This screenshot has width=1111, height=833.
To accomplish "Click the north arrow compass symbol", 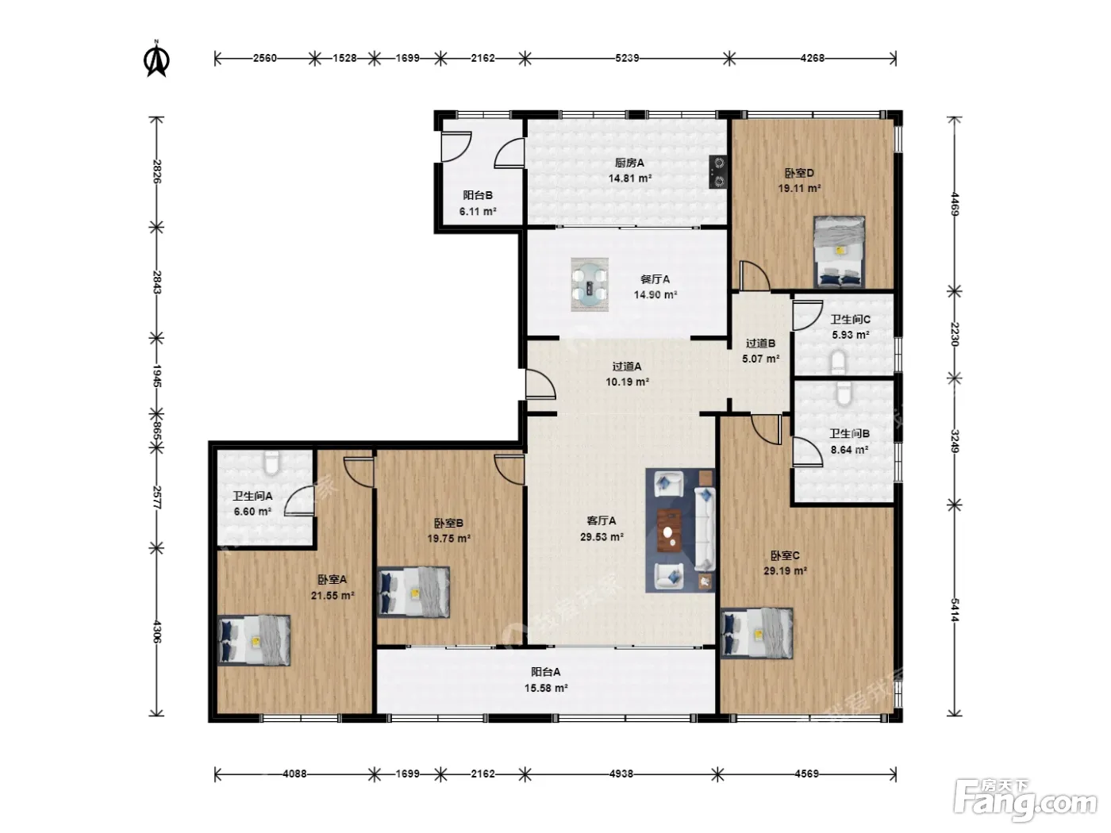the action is pos(156,59).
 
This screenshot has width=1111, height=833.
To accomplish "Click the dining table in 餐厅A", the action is pos(590,284).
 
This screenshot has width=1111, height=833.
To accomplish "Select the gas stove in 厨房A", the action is pos(718,171).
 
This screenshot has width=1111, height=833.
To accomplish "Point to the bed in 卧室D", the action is pos(839,251).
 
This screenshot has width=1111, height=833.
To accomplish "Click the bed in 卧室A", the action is pos(254,639).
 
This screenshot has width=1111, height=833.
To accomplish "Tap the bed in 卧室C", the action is pos(757,633).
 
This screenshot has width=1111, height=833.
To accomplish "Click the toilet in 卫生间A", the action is pos(272,463).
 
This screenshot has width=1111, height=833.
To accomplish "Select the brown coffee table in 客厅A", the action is pos(669,530).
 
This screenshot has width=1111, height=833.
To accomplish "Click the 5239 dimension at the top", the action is pos(627,58).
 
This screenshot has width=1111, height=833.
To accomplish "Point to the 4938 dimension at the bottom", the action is pos(621,773).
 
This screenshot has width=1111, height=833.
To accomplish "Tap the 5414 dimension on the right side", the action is pos(955,610).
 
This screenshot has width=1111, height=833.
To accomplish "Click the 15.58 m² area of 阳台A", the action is pos(546,688).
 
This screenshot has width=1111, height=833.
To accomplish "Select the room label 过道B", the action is pos(760,344).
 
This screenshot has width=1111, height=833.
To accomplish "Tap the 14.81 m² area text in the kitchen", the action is pos(629,178).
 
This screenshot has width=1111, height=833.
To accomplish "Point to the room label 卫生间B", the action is pos(849,433).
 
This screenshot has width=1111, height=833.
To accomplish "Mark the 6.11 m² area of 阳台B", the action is pos(477,211).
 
